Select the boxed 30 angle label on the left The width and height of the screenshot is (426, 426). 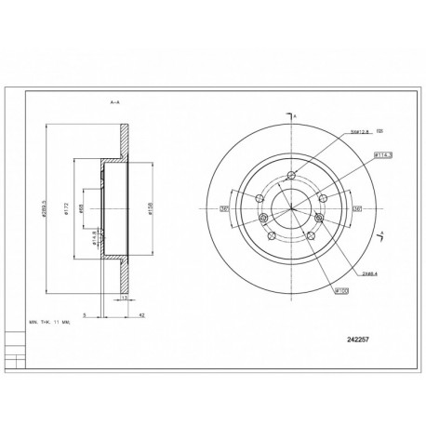pyautogui.click(x=224, y=208)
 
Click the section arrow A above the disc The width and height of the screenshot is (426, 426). pyautogui.click(x=295, y=114)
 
